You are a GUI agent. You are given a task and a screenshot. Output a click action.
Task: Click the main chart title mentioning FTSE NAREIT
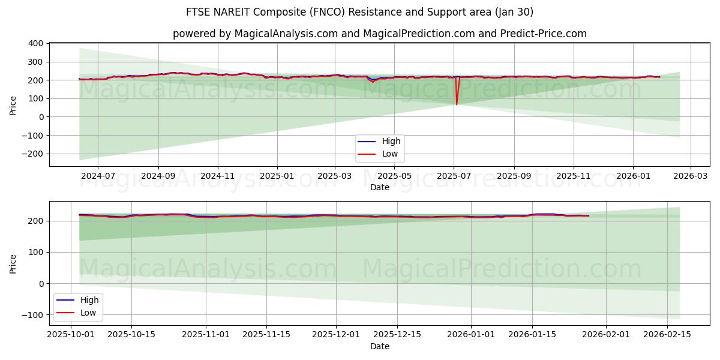pos(360,12)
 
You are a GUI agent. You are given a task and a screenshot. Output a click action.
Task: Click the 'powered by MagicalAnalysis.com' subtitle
pos(379,34)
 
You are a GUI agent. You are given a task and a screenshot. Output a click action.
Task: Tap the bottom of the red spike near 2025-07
pos(457,104)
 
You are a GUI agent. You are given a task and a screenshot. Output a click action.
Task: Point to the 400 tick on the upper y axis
pos(35,43)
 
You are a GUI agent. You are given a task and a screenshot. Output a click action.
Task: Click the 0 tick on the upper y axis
pos(41,117)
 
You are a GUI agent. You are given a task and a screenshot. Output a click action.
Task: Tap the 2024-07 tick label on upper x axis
pos(97,176)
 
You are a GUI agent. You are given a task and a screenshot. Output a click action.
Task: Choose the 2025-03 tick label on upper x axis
pos(335,176)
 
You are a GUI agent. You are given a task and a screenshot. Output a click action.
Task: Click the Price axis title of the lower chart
pos(13,263)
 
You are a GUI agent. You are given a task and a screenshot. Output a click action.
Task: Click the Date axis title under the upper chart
pos(379,187)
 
